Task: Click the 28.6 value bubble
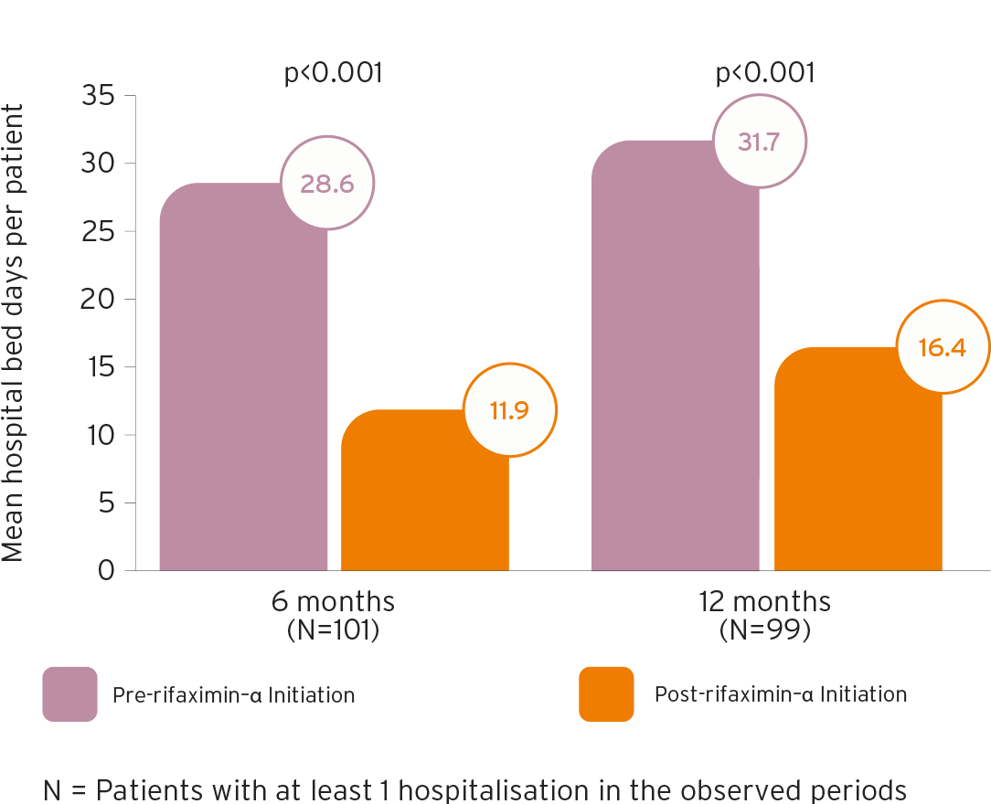(326, 184)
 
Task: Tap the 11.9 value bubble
(509, 410)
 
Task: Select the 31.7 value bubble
(759, 142)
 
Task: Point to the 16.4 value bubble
(942, 347)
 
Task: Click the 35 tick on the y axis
(100, 96)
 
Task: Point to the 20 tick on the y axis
(100, 299)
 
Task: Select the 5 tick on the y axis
(107, 503)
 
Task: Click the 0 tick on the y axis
(107, 570)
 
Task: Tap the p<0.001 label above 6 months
(333, 72)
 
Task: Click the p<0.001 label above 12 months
(764, 72)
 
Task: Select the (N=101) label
(333, 630)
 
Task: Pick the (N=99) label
(764, 630)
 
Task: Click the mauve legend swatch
(69, 694)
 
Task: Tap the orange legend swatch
(606, 694)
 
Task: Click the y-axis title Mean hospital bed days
(13, 333)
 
